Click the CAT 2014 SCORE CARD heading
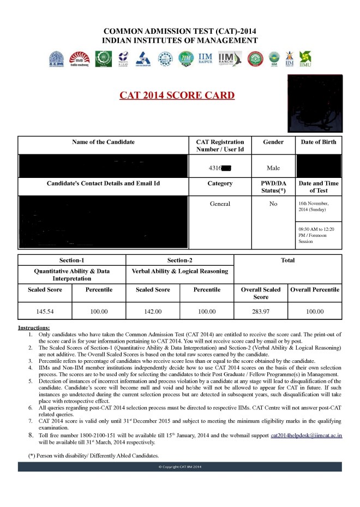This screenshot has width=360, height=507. tap(177, 96)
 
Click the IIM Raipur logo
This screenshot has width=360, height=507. tap(205, 58)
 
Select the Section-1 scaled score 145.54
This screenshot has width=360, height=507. tap(45, 312)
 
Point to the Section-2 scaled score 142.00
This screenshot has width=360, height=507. tap(153, 312)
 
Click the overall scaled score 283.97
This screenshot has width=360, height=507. tap(261, 312)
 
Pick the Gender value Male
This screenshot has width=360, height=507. tap(273, 168)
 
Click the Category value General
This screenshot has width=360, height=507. tap(220, 204)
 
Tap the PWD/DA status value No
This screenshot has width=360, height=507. tap(273, 204)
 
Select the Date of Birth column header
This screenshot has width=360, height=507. tap(319, 142)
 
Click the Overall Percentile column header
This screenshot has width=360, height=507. tap(314, 290)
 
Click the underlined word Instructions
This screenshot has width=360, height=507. tap(34, 327)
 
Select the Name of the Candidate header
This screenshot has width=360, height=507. tap(103, 142)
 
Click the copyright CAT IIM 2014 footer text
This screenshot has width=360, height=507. tap(180, 467)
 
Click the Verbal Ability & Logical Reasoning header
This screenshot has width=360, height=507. tap(179, 271)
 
